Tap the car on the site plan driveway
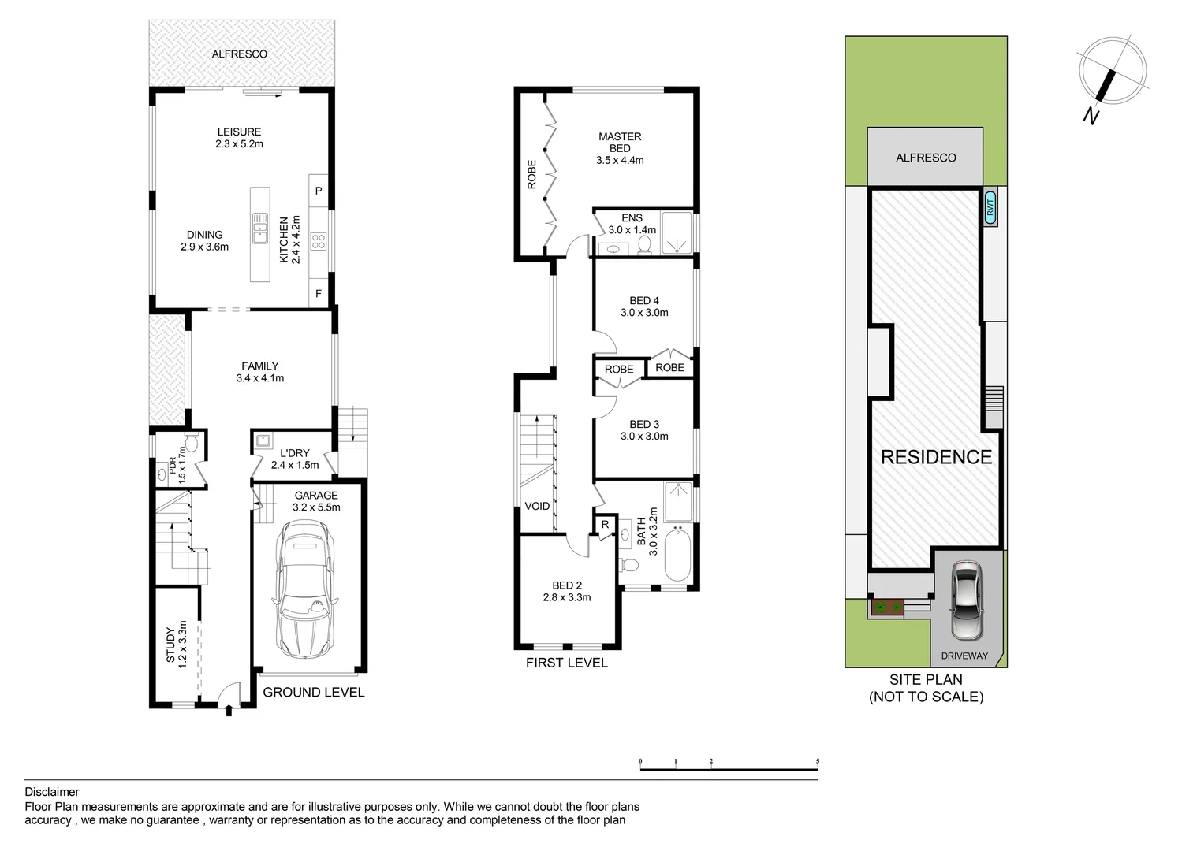[x=967, y=600]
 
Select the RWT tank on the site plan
[x=990, y=207]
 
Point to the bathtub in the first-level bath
[x=678, y=556]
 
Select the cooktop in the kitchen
[x=319, y=241]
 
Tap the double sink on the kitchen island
[x=259, y=228]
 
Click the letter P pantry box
[x=319, y=191]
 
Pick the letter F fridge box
[x=319, y=293]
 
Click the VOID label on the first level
[x=537, y=506]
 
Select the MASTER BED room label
[x=620, y=143]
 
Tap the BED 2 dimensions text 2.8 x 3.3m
[x=567, y=597]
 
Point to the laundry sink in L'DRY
[x=263, y=440]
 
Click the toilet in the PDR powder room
[x=191, y=443]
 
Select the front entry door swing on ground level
[x=229, y=694]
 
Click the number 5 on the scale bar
[x=818, y=761]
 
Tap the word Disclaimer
[x=52, y=792]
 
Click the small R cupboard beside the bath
[x=606, y=525]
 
